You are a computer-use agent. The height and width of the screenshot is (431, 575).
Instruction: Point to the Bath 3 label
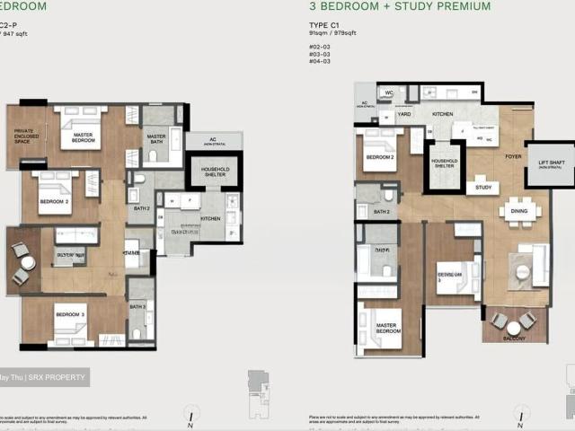(x=137, y=306)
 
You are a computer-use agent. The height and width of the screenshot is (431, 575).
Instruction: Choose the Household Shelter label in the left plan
(x=214, y=172)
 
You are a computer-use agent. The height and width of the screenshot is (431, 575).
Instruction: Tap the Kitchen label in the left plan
(x=210, y=218)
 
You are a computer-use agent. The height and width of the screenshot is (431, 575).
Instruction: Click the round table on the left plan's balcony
(x=28, y=263)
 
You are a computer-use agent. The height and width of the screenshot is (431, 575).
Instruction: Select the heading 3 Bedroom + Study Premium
(x=400, y=6)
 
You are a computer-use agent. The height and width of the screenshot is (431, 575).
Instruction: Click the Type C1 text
(x=322, y=26)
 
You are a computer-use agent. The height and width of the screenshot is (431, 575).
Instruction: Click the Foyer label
(x=513, y=156)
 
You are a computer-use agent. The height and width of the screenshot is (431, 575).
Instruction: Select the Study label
(x=482, y=189)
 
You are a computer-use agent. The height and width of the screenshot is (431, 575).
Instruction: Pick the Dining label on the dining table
(x=520, y=212)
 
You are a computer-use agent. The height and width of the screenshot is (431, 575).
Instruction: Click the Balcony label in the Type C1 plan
(x=514, y=339)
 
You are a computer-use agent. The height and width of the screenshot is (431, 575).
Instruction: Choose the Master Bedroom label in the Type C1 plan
(x=388, y=329)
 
